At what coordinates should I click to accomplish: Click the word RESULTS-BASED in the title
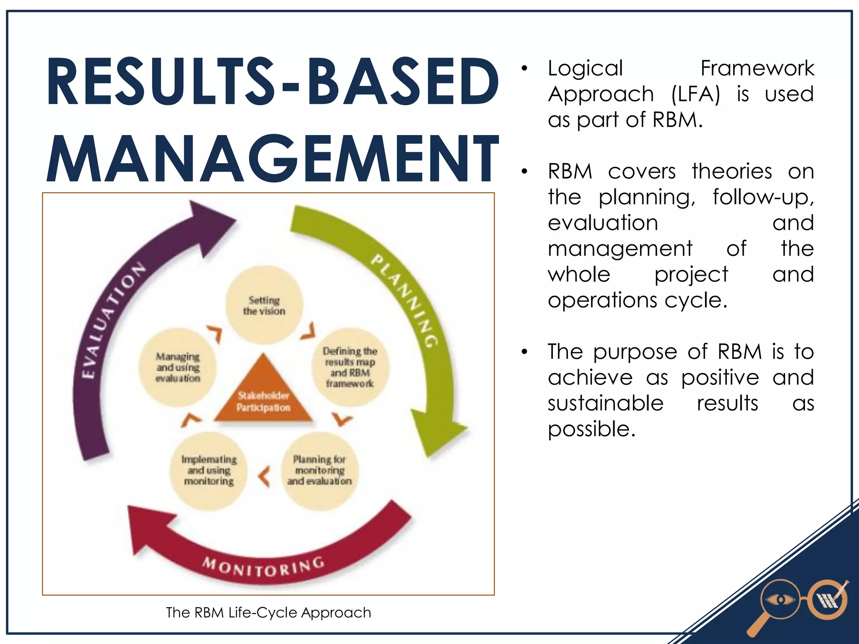273,82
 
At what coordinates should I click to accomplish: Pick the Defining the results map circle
350,367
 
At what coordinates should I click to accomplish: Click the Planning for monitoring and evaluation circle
320,470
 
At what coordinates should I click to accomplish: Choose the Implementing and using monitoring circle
209,470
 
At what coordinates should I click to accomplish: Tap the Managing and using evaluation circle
178,367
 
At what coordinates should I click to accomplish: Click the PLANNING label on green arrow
405,300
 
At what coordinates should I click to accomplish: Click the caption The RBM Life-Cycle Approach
268,613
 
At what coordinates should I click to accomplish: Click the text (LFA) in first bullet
695,94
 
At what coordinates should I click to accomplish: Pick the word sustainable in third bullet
605,403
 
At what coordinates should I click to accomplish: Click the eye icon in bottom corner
780,600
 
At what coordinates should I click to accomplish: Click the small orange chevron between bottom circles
264,477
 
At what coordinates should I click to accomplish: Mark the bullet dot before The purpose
524,352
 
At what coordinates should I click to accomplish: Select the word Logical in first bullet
586,68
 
